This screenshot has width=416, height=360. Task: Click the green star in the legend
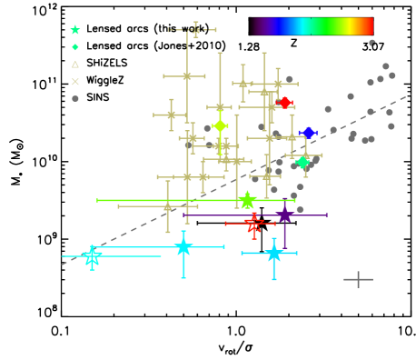(75, 30)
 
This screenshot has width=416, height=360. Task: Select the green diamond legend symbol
(75, 47)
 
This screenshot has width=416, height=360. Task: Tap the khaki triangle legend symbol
(75, 65)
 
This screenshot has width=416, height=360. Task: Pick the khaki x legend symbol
(75, 82)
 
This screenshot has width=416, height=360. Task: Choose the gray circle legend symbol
(75, 98)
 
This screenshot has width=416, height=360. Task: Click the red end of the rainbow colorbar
(368, 26)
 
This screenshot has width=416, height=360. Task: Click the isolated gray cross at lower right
(358, 279)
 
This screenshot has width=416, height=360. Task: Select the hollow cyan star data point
(92, 256)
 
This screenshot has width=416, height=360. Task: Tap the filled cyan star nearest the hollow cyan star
(183, 246)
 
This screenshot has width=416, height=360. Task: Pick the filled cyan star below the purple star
(273, 253)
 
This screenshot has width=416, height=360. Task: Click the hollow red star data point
(253, 223)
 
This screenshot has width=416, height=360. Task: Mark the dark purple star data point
(284, 215)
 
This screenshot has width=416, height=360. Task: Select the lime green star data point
(247, 200)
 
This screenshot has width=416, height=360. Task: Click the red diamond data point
(284, 103)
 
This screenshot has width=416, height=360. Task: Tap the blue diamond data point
(308, 133)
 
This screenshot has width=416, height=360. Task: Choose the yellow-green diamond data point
(220, 125)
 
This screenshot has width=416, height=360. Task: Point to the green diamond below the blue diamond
(302, 162)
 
